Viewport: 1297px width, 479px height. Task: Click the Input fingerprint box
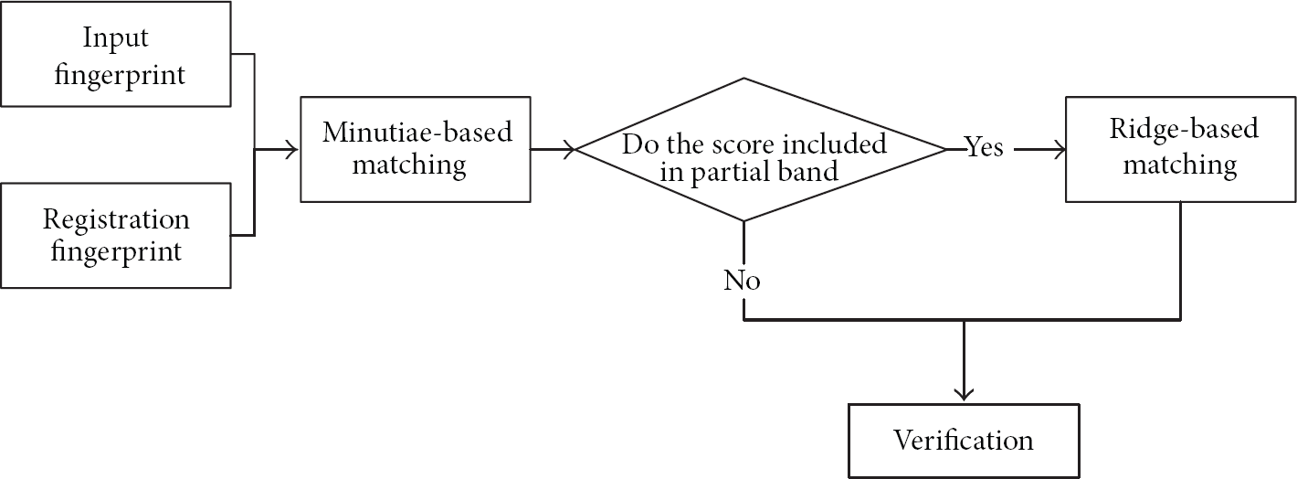(116, 54)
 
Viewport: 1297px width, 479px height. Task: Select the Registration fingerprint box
(116, 235)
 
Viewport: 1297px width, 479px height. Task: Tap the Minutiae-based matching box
(416, 149)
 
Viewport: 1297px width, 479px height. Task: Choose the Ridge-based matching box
(1181, 149)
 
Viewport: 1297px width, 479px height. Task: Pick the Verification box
(964, 441)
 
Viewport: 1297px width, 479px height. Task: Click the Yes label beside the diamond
(984, 147)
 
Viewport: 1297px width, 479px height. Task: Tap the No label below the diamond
(742, 281)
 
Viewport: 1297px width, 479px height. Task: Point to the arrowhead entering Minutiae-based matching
(290, 149)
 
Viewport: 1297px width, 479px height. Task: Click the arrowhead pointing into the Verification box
(964, 395)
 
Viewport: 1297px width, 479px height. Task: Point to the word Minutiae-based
(417, 133)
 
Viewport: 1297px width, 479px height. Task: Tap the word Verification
(963, 441)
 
